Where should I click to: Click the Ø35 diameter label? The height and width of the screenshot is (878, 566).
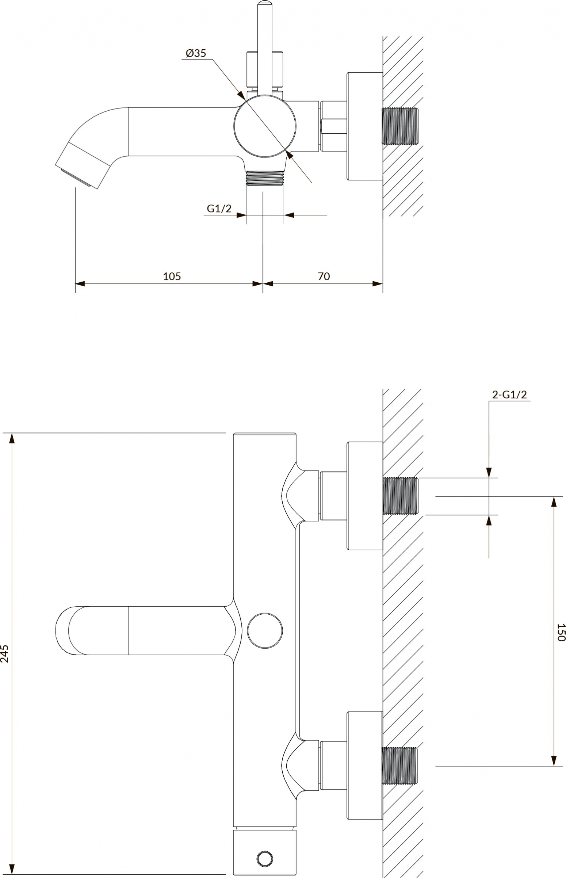[x=196, y=53]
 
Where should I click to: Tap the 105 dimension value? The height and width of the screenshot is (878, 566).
[x=172, y=276]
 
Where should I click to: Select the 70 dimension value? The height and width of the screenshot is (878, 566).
[x=324, y=276]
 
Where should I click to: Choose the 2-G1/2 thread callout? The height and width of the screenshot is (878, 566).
[x=509, y=395]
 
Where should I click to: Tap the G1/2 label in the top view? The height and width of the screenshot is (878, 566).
[x=219, y=209]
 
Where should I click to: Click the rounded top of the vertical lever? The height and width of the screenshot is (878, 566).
[x=265, y=4]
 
